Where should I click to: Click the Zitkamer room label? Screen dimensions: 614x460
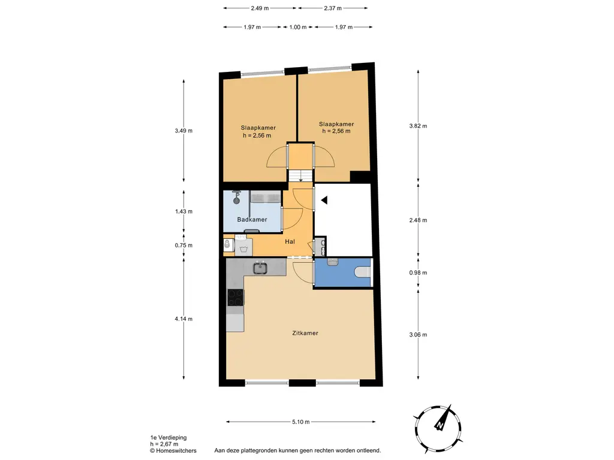[305, 333]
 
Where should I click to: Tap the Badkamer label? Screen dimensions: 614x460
[252, 219]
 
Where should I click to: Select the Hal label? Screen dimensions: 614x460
[290, 242]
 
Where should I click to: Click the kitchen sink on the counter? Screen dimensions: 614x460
[260, 268]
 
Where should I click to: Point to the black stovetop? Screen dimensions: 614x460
[235, 297]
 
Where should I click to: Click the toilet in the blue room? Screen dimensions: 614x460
[362, 271]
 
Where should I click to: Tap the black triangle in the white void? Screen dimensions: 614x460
[324, 200]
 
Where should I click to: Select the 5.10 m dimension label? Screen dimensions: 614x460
[301, 422]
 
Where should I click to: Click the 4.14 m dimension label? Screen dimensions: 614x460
[183, 319]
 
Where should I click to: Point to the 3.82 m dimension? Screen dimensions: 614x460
[418, 126]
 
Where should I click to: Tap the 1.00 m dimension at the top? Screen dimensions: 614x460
[297, 27]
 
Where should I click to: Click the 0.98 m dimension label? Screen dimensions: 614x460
[418, 273]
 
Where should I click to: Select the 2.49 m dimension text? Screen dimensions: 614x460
[260, 8]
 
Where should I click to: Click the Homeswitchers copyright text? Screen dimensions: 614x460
[173, 450]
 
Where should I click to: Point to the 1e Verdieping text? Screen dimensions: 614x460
[168, 438]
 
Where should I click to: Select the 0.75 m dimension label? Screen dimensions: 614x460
[183, 245]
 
